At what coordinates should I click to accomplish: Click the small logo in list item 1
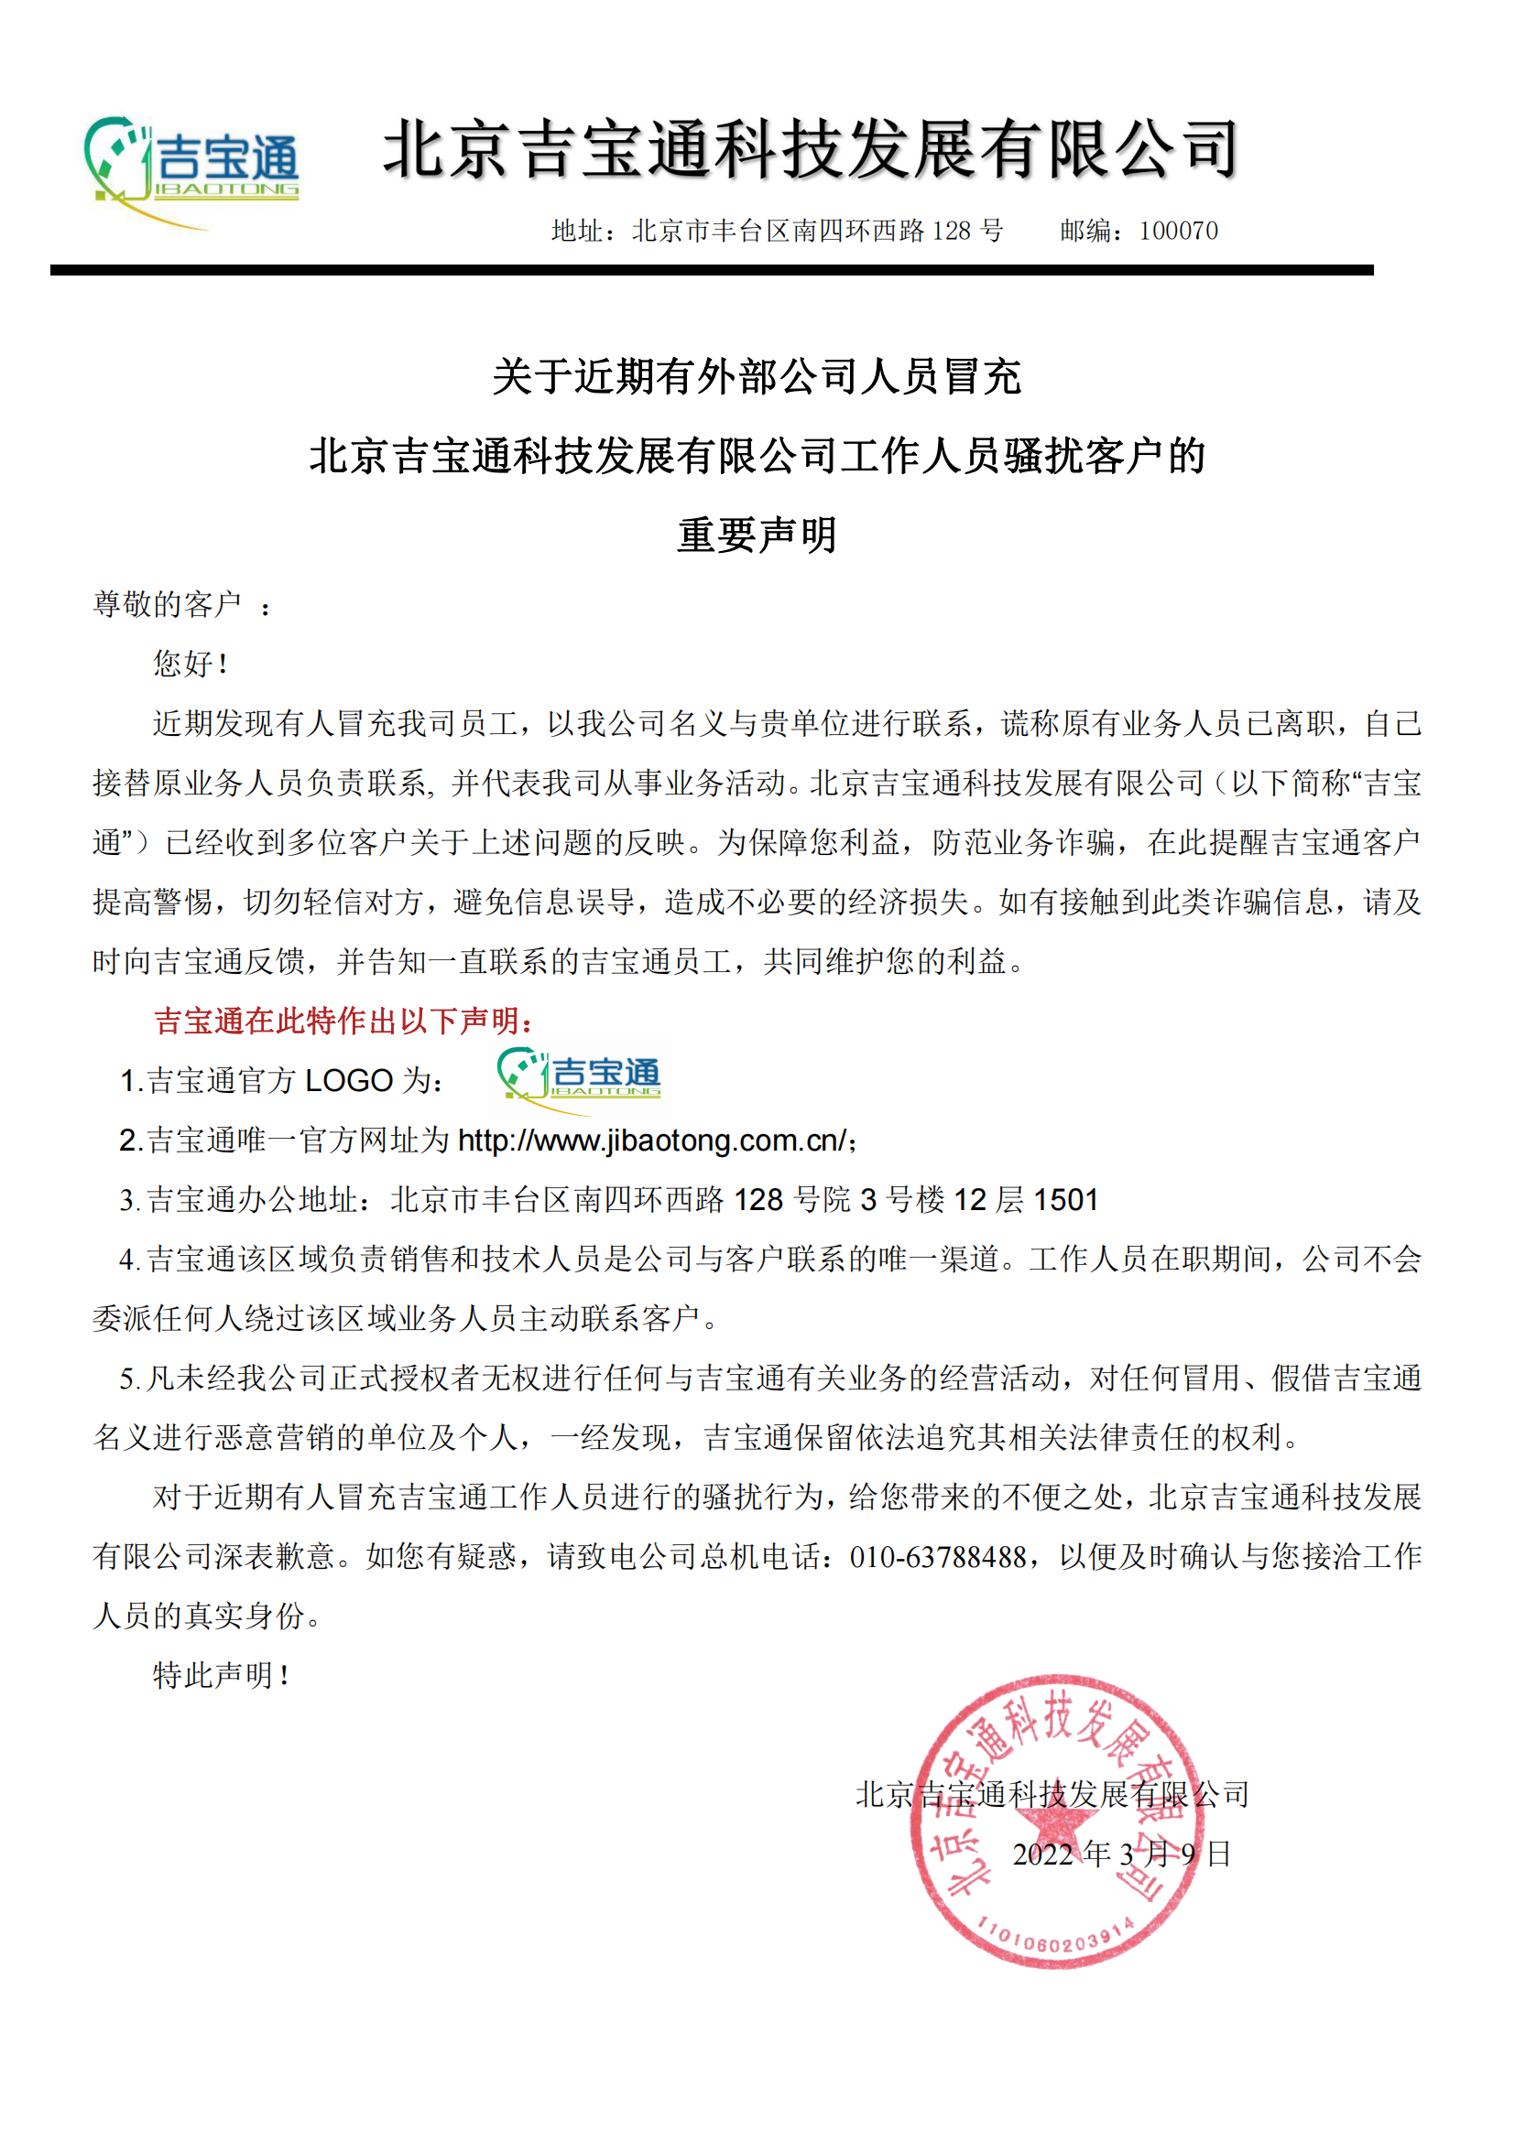pyautogui.click(x=579, y=1079)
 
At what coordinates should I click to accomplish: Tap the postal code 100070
pyautogui.click(x=1178, y=231)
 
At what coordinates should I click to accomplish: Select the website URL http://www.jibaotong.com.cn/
pyautogui.click(x=652, y=1140)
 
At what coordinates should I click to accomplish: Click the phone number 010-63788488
pyautogui.click(x=938, y=1556)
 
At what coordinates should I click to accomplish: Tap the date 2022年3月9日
pyautogui.click(x=1121, y=1854)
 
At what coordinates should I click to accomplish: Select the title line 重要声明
pyautogui.click(x=757, y=535)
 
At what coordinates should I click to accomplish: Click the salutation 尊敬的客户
pyautogui.click(x=168, y=604)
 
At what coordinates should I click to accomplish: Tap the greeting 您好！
pyautogui.click(x=191, y=664)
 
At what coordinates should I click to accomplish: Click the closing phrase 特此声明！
pyautogui.click(x=221, y=1676)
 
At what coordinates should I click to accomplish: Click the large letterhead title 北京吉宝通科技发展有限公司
pyautogui.click(x=810, y=149)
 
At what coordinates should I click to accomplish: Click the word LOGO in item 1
pyautogui.click(x=349, y=1081)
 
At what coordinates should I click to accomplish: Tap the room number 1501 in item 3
pyautogui.click(x=1066, y=1199)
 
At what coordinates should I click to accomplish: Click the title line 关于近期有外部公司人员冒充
pyautogui.click(x=757, y=377)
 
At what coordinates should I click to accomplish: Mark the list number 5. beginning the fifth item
pyautogui.click(x=130, y=1379)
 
